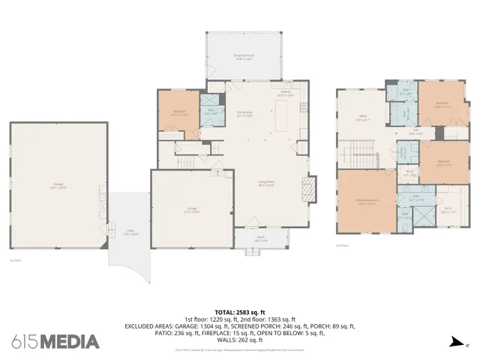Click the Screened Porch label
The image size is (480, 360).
pyautogui.click(x=244, y=57)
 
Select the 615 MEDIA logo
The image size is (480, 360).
pyautogui.click(x=55, y=342)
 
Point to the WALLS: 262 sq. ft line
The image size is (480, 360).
pyautogui.click(x=239, y=339)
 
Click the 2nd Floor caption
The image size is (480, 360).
pyautogui.click(x=342, y=244)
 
